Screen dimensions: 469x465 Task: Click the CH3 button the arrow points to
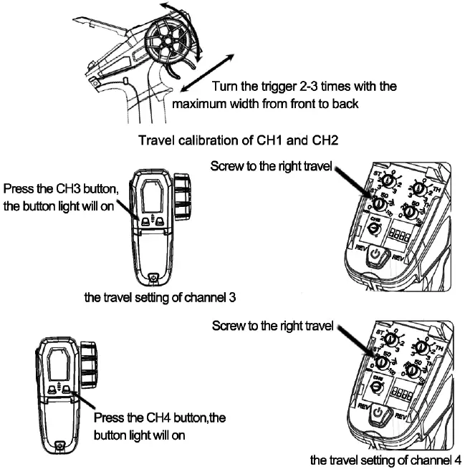146,222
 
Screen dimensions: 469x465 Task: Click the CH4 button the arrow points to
65,391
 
